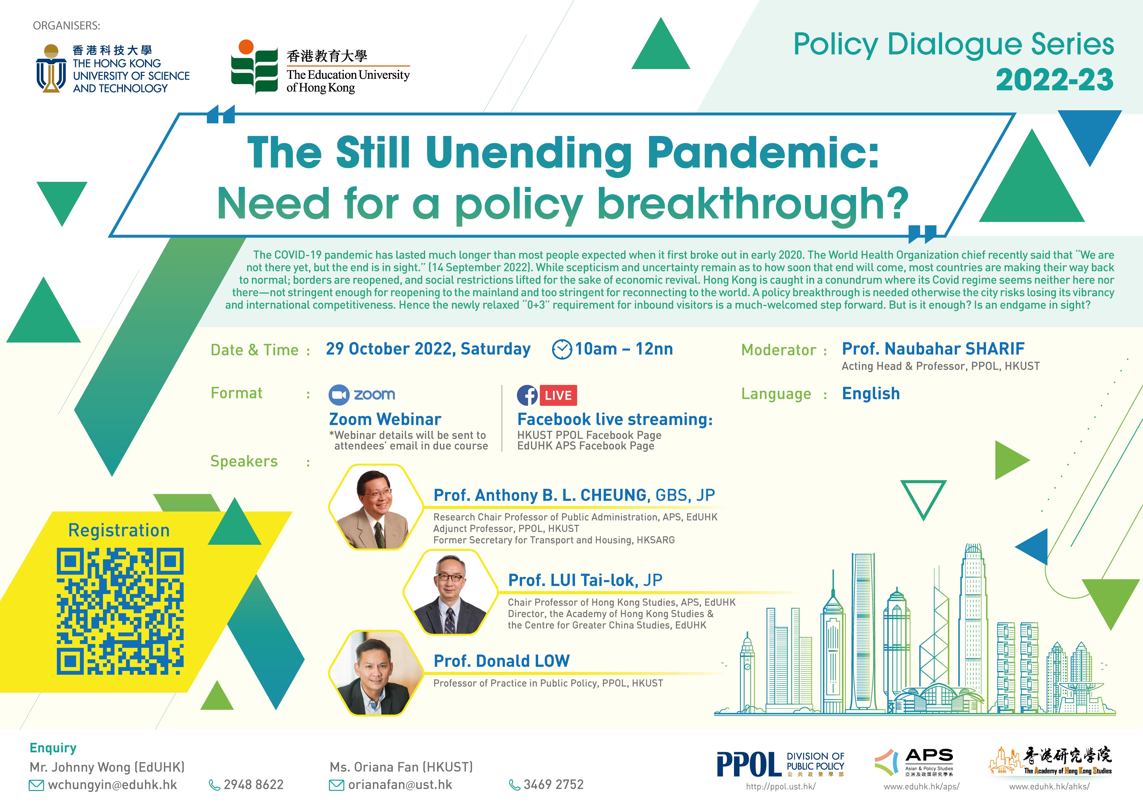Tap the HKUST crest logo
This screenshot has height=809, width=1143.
(51, 69)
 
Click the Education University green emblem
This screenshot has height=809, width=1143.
(254, 67)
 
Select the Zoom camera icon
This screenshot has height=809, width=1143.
(339, 395)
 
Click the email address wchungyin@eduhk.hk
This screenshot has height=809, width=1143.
(113, 785)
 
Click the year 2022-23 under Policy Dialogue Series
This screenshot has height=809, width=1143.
(1054, 80)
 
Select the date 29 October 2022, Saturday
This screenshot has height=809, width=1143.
(428, 349)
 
